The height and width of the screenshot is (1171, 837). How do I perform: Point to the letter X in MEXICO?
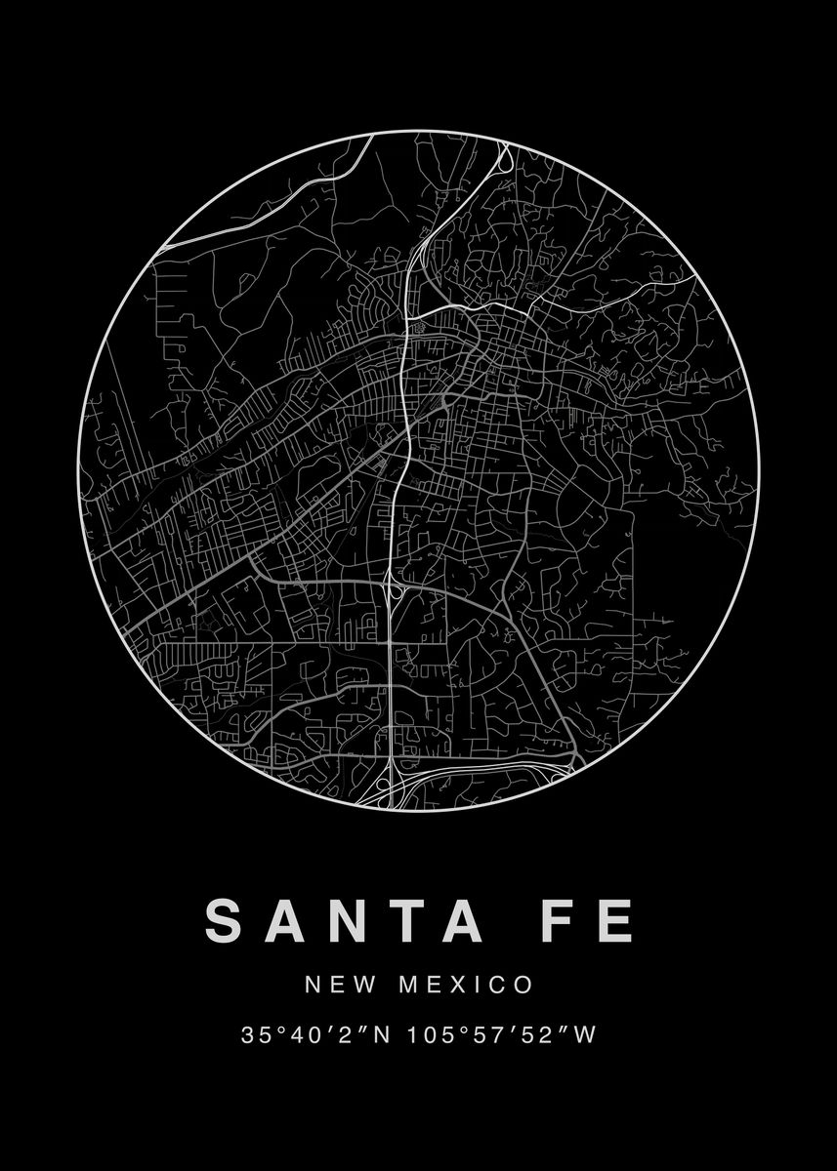coord(458,984)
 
